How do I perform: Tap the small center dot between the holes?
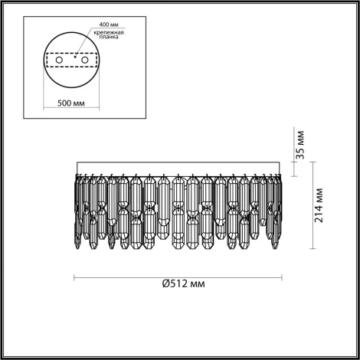(x=74, y=56)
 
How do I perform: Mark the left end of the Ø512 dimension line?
(x=74, y=277)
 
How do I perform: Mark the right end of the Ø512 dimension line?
(x=282, y=277)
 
